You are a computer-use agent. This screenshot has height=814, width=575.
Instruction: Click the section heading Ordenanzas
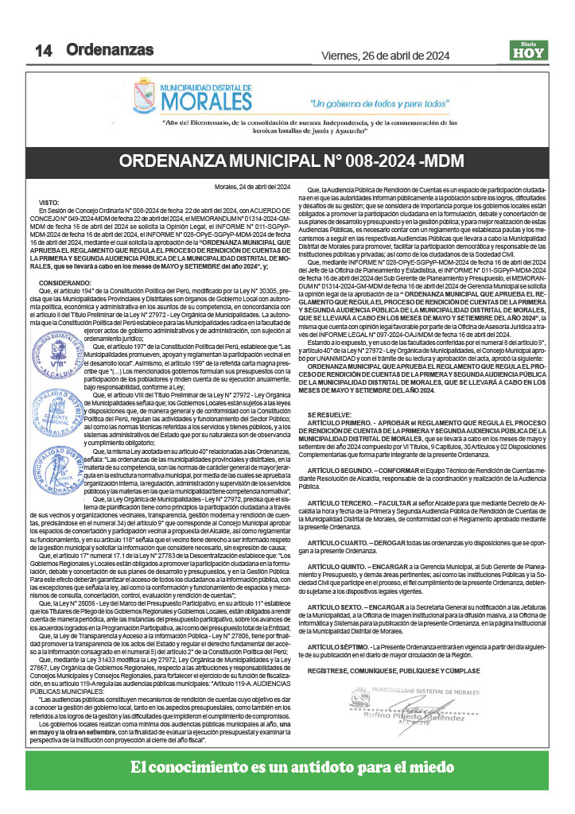coord(110,49)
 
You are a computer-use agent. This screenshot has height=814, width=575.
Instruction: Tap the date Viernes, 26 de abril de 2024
coord(385,56)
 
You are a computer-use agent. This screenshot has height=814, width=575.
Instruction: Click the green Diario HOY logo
coord(528,50)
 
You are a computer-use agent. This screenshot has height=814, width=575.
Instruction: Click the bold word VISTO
coord(49,203)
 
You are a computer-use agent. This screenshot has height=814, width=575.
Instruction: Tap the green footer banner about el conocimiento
coord(287,768)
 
